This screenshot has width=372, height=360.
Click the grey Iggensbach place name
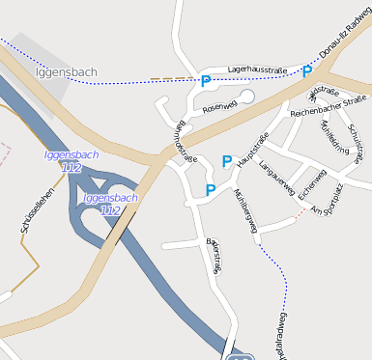pos(66,72)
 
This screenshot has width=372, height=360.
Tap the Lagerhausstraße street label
pos(257,69)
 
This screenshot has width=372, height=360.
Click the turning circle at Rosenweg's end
pos(246,97)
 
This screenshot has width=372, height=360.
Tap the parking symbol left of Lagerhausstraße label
pos(205,81)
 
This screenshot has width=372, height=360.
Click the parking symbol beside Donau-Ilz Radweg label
pos(307,71)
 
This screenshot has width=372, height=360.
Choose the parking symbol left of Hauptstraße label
pos(227,161)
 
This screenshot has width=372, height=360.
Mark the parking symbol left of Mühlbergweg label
pos(211,190)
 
